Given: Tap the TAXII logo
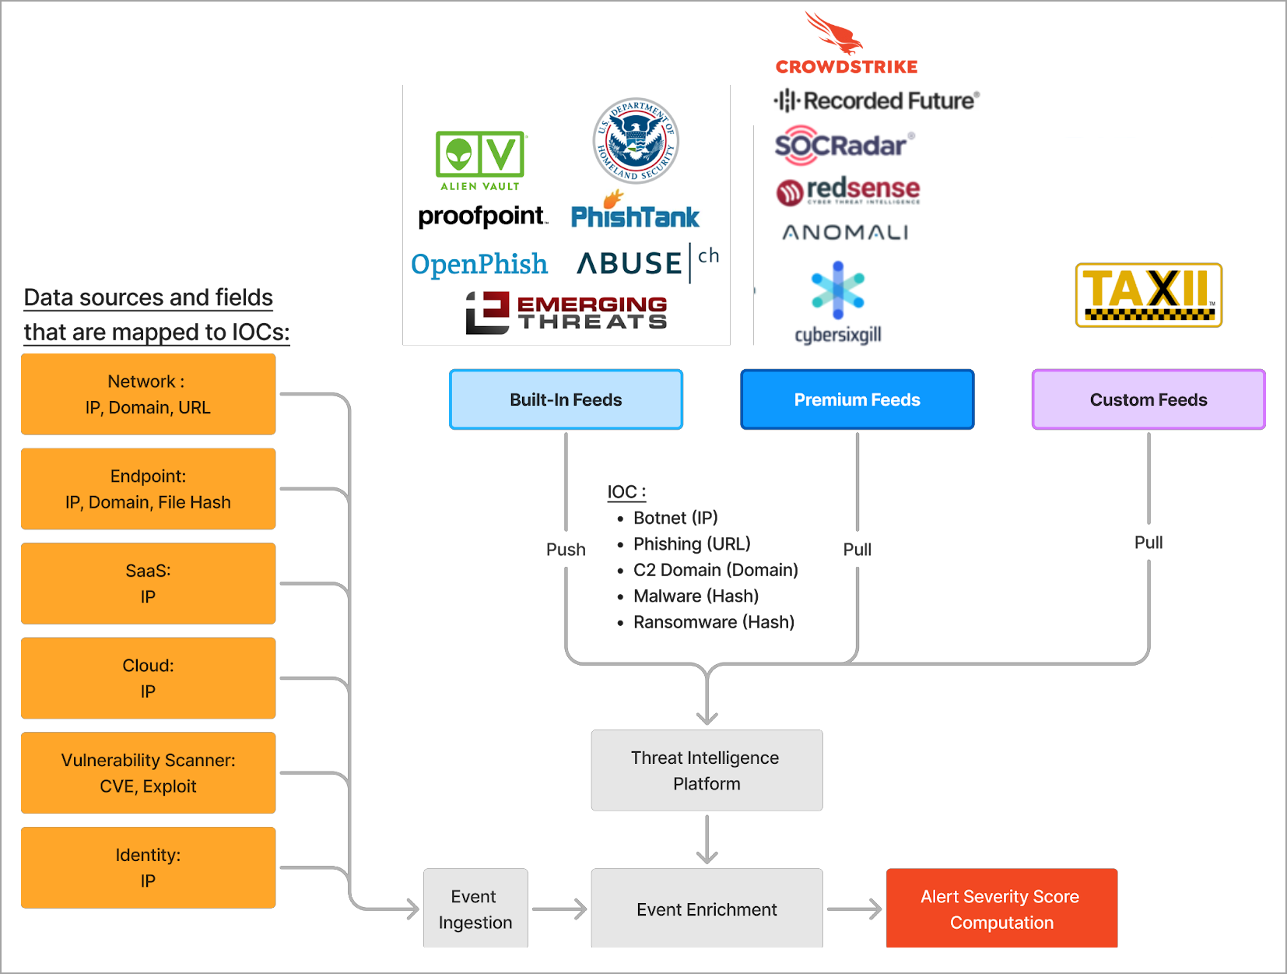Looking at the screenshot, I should [1148, 294].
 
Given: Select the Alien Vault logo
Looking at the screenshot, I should [480, 160].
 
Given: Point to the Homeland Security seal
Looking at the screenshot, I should [636, 141].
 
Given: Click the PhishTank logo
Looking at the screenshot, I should [635, 212].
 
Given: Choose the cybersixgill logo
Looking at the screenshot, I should [838, 303].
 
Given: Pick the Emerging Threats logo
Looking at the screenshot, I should [566, 313].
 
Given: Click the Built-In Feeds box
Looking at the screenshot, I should [566, 399].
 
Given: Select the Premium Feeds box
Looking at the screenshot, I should [857, 399].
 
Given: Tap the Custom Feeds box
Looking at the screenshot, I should [1148, 399].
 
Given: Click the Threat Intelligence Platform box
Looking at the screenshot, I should [707, 770].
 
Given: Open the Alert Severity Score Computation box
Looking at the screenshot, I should [1001, 909].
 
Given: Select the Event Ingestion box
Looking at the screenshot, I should [475, 909].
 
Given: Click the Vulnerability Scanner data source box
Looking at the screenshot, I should [148, 772].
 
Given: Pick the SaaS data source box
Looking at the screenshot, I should [148, 583].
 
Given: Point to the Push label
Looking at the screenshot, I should [566, 550].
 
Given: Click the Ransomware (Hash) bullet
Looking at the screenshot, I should [713, 622].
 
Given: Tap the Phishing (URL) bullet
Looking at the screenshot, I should [691, 543].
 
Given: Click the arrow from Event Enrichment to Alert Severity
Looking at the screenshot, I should [854, 909].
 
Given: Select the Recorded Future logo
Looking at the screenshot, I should [876, 100].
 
